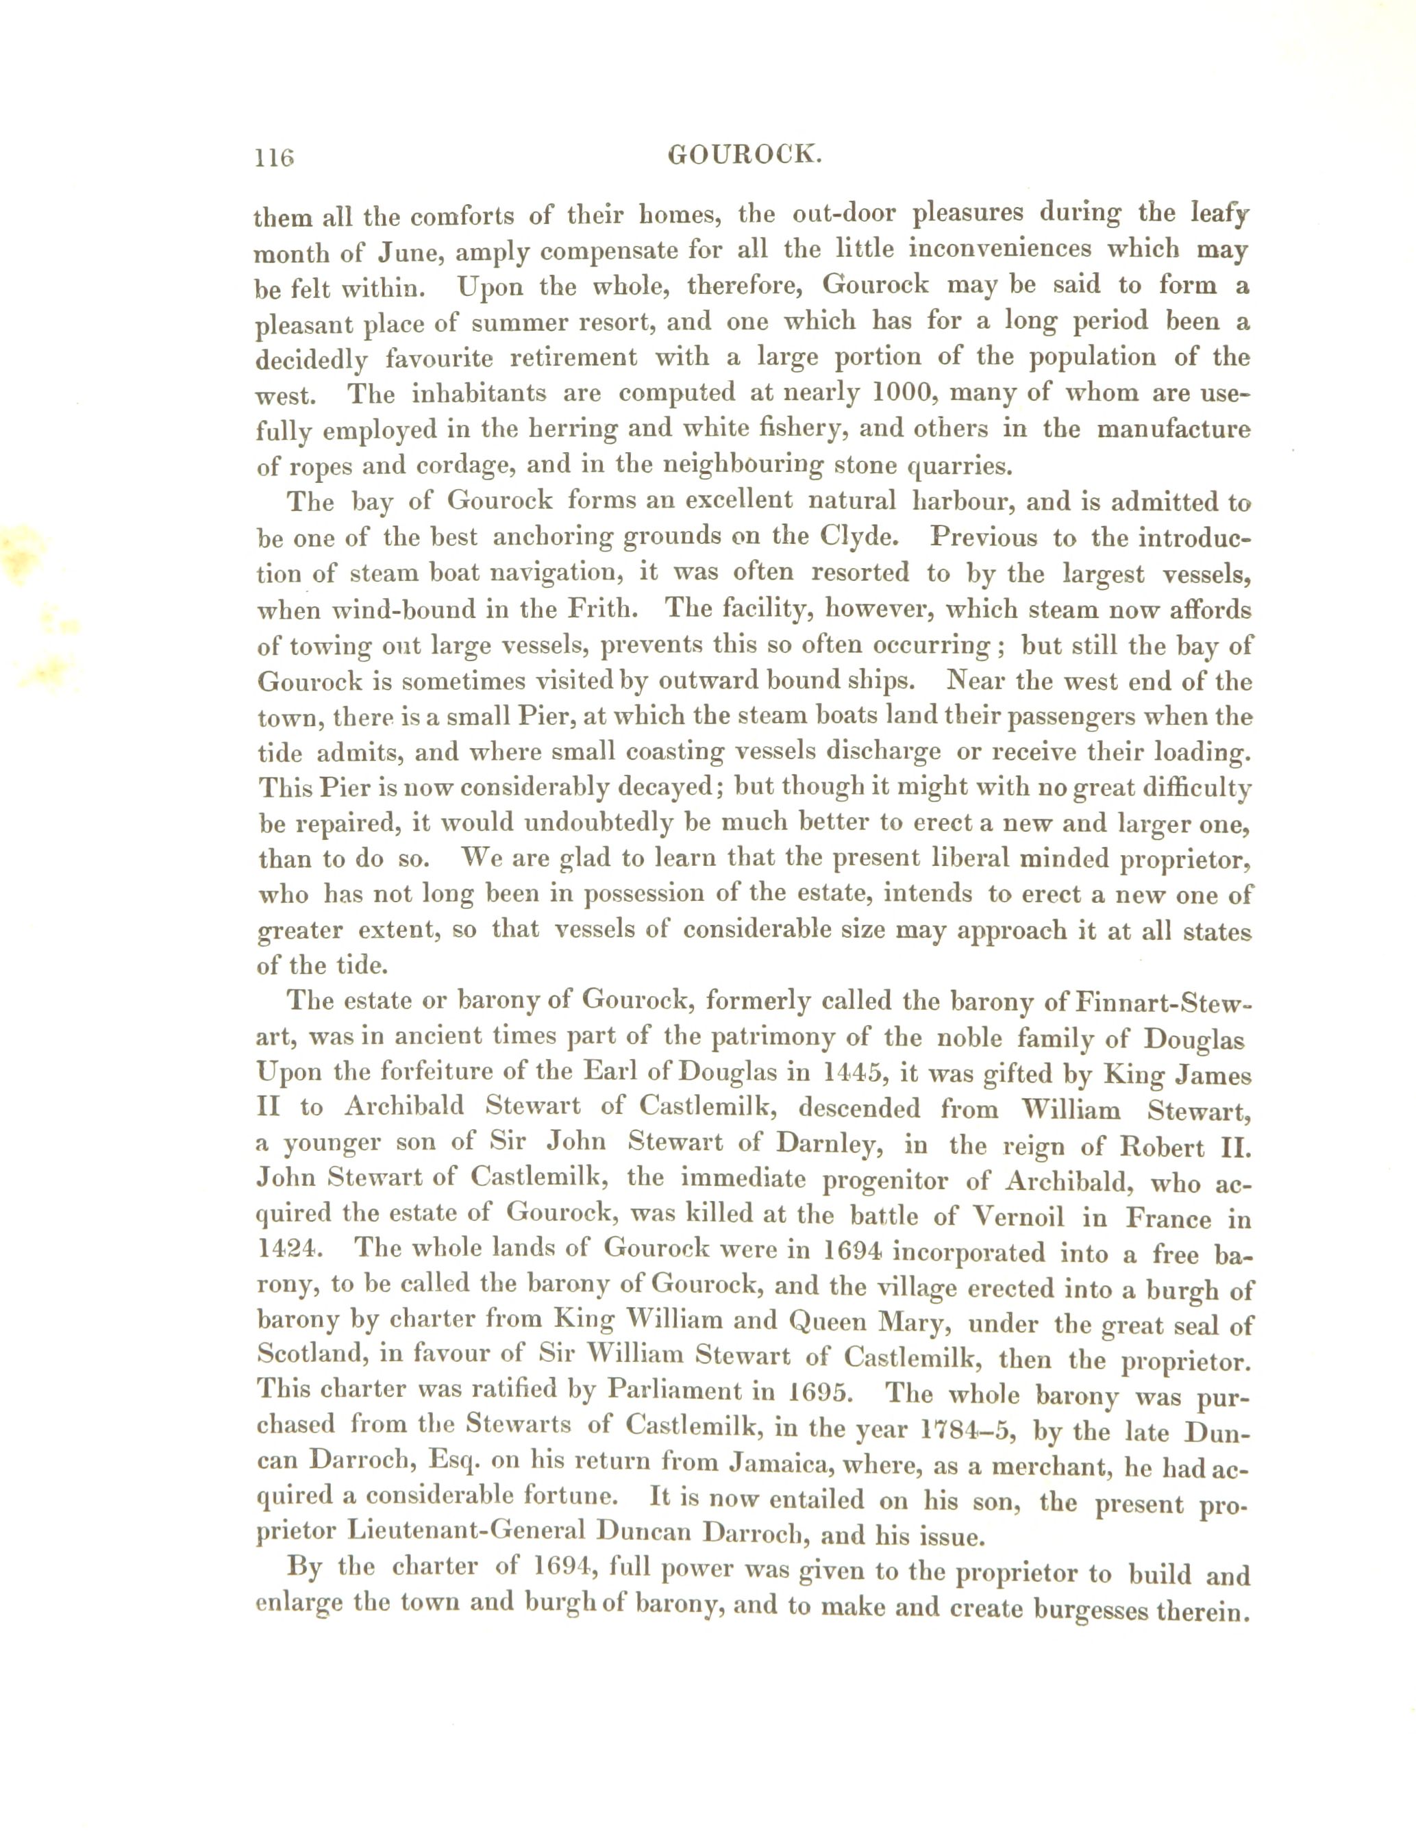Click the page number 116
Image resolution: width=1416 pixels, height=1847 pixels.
pos(275,157)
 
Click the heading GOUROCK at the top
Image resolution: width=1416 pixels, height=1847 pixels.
pos(743,154)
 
